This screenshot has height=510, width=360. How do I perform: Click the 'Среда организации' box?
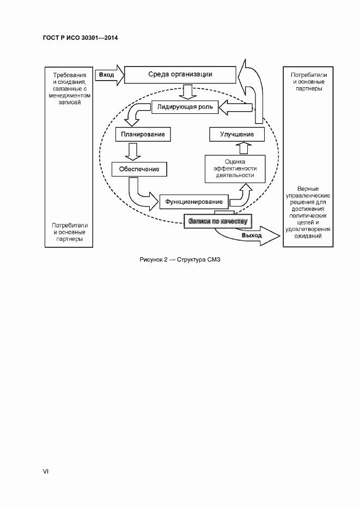pos(180,75)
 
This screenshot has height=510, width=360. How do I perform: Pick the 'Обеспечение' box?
pos(139,169)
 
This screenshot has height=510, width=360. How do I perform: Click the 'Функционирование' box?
pos(193,202)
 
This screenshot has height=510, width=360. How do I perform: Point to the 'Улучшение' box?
pos(237,133)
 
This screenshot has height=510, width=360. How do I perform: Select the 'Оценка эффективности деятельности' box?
pos(235,168)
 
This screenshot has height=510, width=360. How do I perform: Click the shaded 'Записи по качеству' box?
pos(217,221)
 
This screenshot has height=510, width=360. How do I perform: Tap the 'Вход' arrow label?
pos(107,74)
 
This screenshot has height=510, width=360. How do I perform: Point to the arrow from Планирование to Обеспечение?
pos(131,150)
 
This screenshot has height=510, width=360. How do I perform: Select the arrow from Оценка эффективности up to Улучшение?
pos(243,147)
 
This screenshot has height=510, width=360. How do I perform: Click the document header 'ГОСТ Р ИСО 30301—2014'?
pos(80,38)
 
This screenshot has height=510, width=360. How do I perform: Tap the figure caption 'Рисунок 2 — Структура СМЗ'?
pos(180,259)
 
